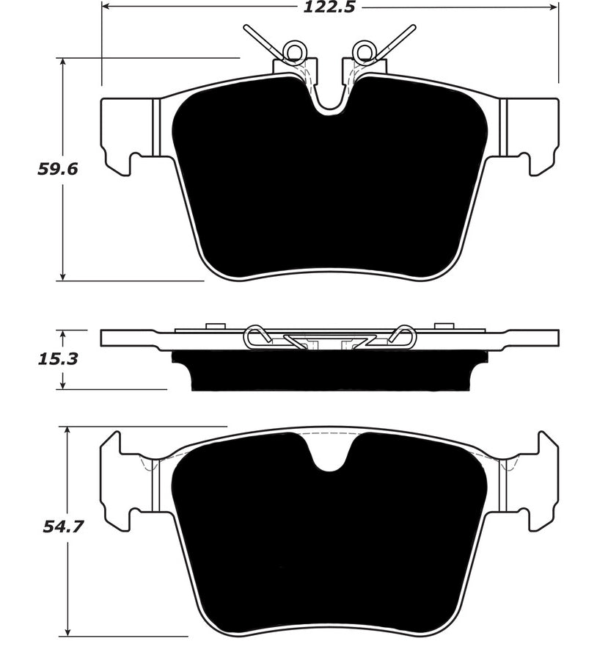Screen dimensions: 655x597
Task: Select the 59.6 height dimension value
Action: (58, 169)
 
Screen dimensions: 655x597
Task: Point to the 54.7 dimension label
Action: (58, 526)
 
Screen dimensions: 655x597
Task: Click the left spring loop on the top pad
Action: (296, 50)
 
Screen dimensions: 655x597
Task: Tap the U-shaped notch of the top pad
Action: (330, 99)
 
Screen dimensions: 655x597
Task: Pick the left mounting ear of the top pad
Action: (125, 136)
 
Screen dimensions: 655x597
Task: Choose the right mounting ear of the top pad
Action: (533, 136)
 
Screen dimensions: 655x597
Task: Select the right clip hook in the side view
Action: (404, 336)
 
